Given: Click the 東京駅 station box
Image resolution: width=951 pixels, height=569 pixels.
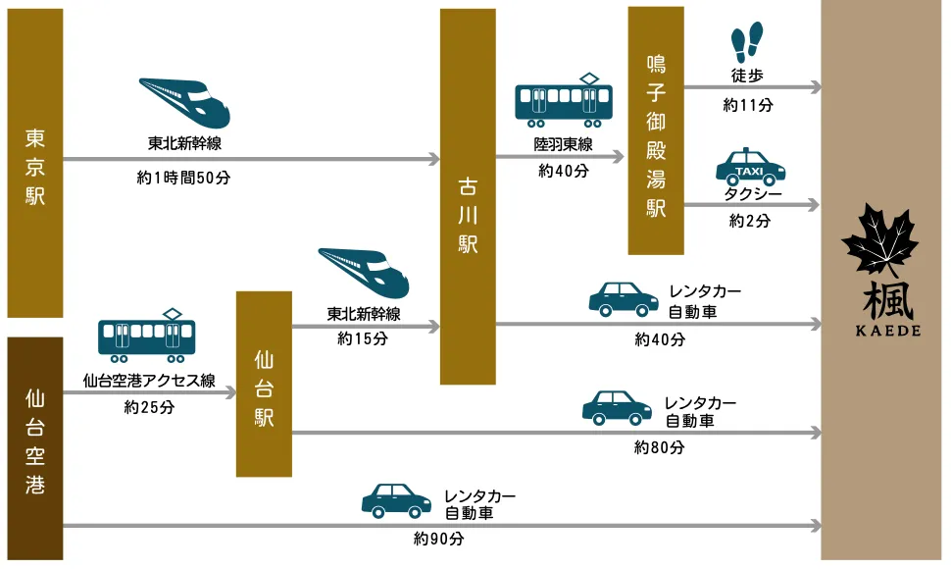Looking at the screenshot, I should (x=35, y=164).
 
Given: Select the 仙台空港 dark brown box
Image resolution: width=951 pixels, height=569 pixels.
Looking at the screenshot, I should (x=35, y=448).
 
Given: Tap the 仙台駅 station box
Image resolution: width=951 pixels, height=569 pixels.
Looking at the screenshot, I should (x=264, y=384).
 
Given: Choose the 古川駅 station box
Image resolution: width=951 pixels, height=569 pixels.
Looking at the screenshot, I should (x=468, y=196).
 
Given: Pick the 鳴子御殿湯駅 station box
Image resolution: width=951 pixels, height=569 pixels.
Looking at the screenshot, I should (x=656, y=130).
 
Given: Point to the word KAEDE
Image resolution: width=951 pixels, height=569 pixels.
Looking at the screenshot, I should (x=880, y=331).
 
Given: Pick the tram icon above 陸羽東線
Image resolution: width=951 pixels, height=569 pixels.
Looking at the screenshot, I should (x=564, y=100).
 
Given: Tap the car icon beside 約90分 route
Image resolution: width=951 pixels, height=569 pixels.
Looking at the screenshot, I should (x=396, y=499).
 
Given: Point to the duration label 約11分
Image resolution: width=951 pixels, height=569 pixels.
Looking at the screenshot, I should (x=747, y=105).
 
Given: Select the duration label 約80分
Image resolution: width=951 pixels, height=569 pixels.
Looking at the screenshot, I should (x=659, y=448).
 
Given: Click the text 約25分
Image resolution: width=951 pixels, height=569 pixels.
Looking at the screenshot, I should (x=149, y=407).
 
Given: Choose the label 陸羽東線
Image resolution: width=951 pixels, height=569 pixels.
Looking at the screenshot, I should (x=564, y=144).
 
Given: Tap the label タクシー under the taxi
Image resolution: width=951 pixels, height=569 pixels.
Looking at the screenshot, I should (x=753, y=194).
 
